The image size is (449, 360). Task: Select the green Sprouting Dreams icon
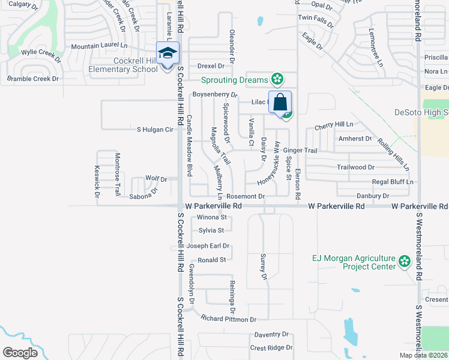tap(277, 78)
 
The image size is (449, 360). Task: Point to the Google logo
tap(20, 352)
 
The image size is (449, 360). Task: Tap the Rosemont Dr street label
tap(246, 196)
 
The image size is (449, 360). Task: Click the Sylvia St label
tap(211, 230)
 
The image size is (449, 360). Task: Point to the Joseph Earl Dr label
tap(208, 246)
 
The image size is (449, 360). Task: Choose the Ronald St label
tap(211, 260)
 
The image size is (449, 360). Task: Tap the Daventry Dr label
tap(271, 334)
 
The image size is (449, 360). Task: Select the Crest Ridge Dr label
tap(271, 347)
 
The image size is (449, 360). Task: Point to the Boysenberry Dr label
tap(215, 95)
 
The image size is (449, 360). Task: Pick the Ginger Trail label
tap(300, 150)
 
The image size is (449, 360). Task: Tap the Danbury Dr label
tap(373, 196)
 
